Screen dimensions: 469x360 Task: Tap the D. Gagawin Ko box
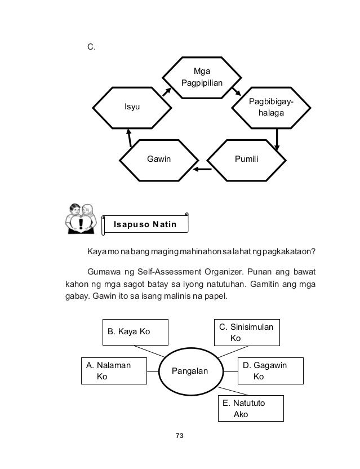(269, 371)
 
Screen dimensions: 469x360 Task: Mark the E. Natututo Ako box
(250, 409)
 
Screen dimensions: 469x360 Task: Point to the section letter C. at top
(91, 47)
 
